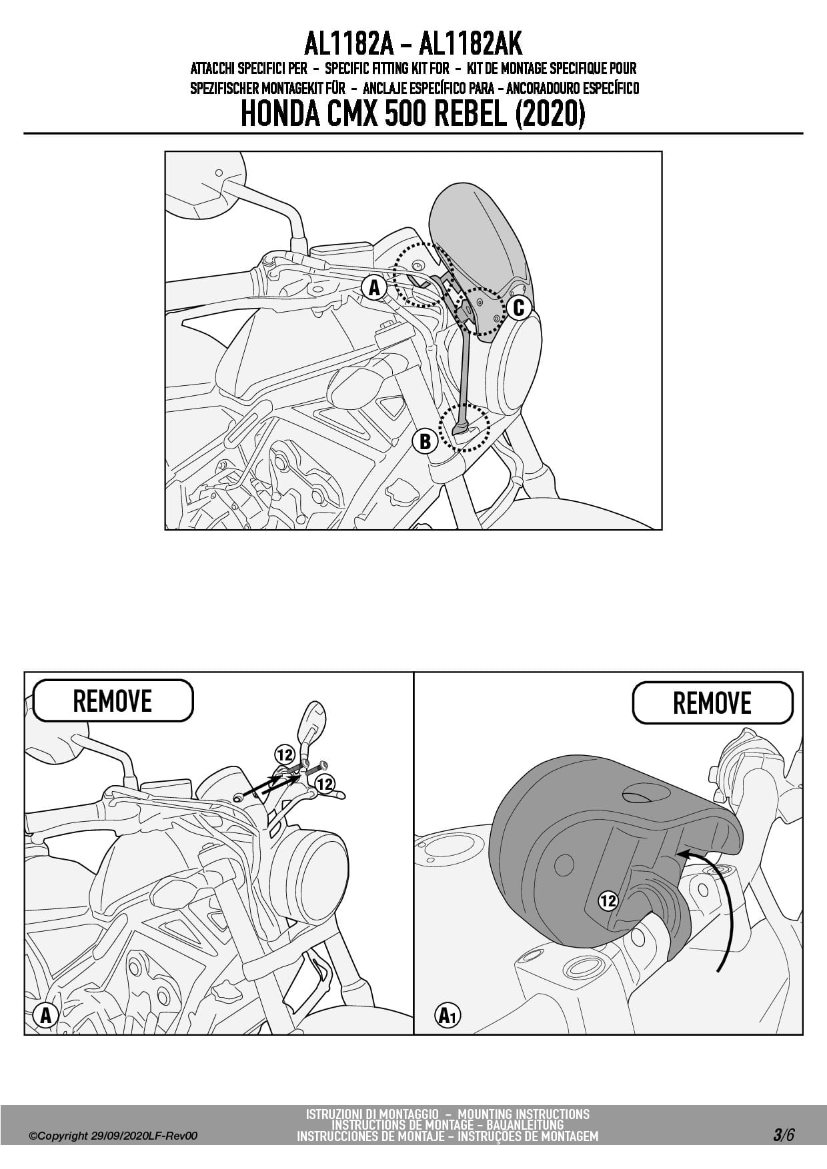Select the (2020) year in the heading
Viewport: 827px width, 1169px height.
click(x=551, y=114)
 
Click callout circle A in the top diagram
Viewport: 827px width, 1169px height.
click(x=374, y=288)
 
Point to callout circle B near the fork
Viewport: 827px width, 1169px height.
click(x=425, y=441)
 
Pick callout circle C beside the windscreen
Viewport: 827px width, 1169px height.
click(x=518, y=308)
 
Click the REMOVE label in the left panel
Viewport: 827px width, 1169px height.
click(x=113, y=700)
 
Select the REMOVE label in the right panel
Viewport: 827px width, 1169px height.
click(x=712, y=702)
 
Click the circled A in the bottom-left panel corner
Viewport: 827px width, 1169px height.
click(x=45, y=1016)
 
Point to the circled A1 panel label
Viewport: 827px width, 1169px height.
click(x=448, y=1016)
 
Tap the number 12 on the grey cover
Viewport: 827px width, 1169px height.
click(x=608, y=901)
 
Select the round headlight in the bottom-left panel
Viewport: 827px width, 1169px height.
click(x=313, y=867)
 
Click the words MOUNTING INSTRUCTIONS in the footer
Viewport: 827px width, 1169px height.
click(x=524, y=1114)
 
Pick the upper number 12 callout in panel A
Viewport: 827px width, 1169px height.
click(x=285, y=755)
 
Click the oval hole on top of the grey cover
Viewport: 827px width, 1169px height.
click(x=646, y=793)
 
